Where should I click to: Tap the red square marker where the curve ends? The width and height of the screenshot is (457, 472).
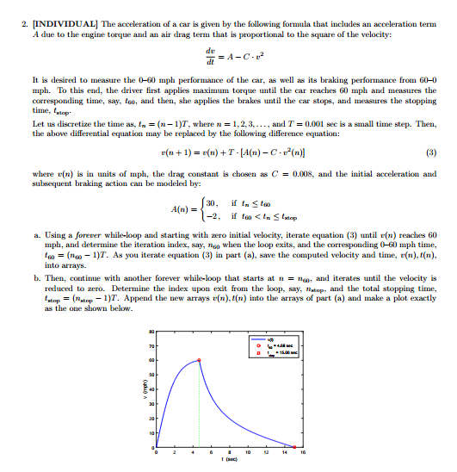click(293, 448)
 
